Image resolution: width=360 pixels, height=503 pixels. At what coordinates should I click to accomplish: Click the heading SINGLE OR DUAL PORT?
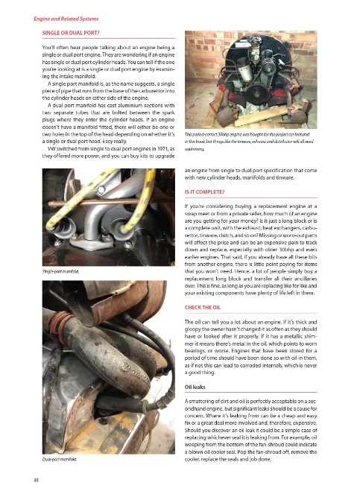pyautogui.click(x=71, y=33)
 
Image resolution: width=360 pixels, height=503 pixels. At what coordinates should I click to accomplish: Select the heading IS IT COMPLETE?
pyautogui.click(x=204, y=192)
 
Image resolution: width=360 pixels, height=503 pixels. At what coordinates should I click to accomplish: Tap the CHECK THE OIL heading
pyautogui.click(x=203, y=307)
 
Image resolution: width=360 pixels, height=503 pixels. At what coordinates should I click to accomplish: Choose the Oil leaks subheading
pyautogui.click(x=195, y=387)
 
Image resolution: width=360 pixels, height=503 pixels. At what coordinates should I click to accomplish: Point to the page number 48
pyautogui.click(x=36, y=480)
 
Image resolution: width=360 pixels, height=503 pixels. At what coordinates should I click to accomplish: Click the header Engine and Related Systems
pyautogui.click(x=66, y=19)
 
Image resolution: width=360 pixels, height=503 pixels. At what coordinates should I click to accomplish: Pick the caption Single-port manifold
pyautogui.click(x=60, y=271)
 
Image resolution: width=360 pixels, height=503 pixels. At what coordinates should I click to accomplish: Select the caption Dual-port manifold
pyautogui.click(x=60, y=459)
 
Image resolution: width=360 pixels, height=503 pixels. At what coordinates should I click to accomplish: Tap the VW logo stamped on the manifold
pyautogui.click(x=126, y=367)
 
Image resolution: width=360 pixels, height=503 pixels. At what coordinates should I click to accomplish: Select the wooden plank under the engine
pyautogui.click(x=267, y=115)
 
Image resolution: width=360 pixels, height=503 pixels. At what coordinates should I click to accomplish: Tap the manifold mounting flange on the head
pyautogui.click(x=92, y=242)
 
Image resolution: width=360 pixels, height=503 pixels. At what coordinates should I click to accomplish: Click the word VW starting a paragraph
pyautogui.click(x=51, y=148)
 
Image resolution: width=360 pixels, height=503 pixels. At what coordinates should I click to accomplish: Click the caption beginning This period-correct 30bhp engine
pyautogui.click(x=249, y=142)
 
